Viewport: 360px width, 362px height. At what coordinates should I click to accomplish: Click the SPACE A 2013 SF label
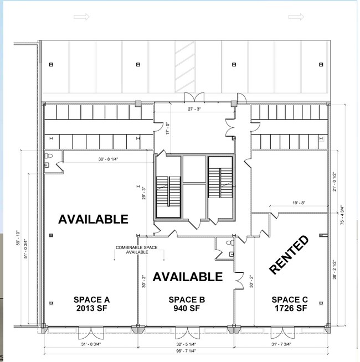[x=92, y=304]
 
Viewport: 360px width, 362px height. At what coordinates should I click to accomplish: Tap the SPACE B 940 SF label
[x=187, y=304]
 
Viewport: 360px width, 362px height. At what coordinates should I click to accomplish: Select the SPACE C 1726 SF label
[x=290, y=304]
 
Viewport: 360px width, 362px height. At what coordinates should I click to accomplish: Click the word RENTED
[x=289, y=255]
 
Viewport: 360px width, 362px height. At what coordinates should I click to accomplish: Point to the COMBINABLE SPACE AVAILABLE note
[x=137, y=250]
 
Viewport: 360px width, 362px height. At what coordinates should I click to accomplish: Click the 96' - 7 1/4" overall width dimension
[x=186, y=351]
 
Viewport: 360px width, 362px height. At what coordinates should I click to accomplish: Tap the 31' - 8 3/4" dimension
[x=91, y=344]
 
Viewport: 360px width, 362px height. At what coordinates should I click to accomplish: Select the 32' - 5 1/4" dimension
[x=186, y=344]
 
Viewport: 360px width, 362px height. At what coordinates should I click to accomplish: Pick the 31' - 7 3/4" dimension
[x=281, y=344]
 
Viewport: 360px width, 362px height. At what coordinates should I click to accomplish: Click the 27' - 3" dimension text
[x=194, y=109]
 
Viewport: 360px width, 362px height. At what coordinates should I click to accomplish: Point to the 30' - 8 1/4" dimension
[x=109, y=159]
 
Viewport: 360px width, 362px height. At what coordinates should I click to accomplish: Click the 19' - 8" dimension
[x=299, y=203]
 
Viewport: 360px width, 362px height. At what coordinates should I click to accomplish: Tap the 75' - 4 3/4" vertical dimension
[x=342, y=215]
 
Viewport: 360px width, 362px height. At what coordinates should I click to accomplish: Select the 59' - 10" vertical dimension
[x=18, y=238]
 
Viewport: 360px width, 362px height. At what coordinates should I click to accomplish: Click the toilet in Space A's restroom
[x=49, y=156]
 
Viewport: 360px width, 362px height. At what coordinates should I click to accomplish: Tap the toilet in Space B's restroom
[x=230, y=242]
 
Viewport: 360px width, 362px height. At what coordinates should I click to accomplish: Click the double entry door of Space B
[x=187, y=333]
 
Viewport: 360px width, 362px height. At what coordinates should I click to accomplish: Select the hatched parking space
[x=185, y=67]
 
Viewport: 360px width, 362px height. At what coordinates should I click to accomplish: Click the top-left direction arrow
[x=81, y=17]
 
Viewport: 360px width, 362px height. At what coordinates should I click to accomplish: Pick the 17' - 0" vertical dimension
[x=168, y=128]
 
